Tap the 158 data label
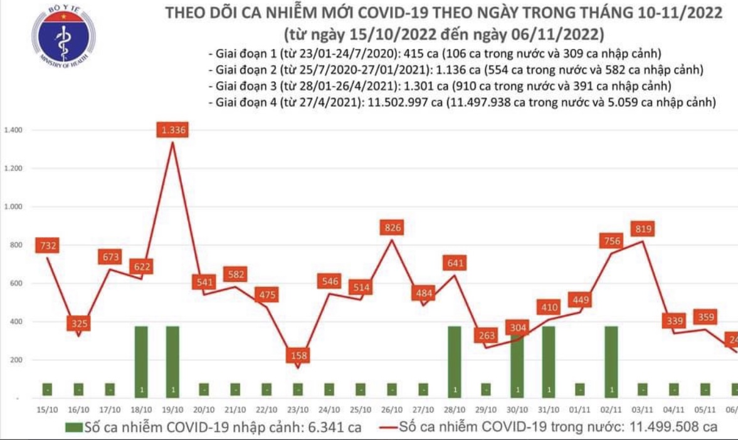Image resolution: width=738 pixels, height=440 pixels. pyautogui.click(x=297, y=355)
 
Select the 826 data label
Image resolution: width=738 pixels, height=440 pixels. pyautogui.click(x=391, y=227)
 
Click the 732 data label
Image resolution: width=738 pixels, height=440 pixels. pyautogui.click(x=47, y=246)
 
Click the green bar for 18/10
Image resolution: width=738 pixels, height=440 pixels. pyautogui.click(x=141, y=362)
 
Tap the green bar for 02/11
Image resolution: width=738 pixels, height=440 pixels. pyautogui.click(x=611, y=362)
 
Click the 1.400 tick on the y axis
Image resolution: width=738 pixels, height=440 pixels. pyautogui.click(x=13, y=131)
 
